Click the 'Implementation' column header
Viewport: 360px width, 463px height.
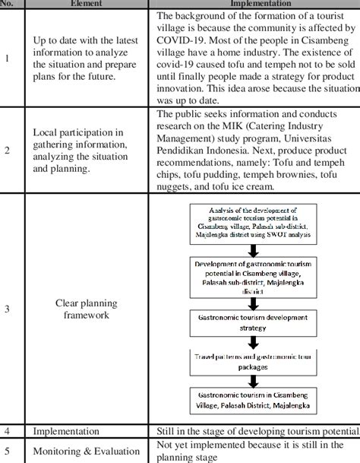[256, 3]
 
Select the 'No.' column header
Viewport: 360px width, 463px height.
[9, 3]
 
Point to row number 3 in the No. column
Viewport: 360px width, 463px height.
[8, 309]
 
